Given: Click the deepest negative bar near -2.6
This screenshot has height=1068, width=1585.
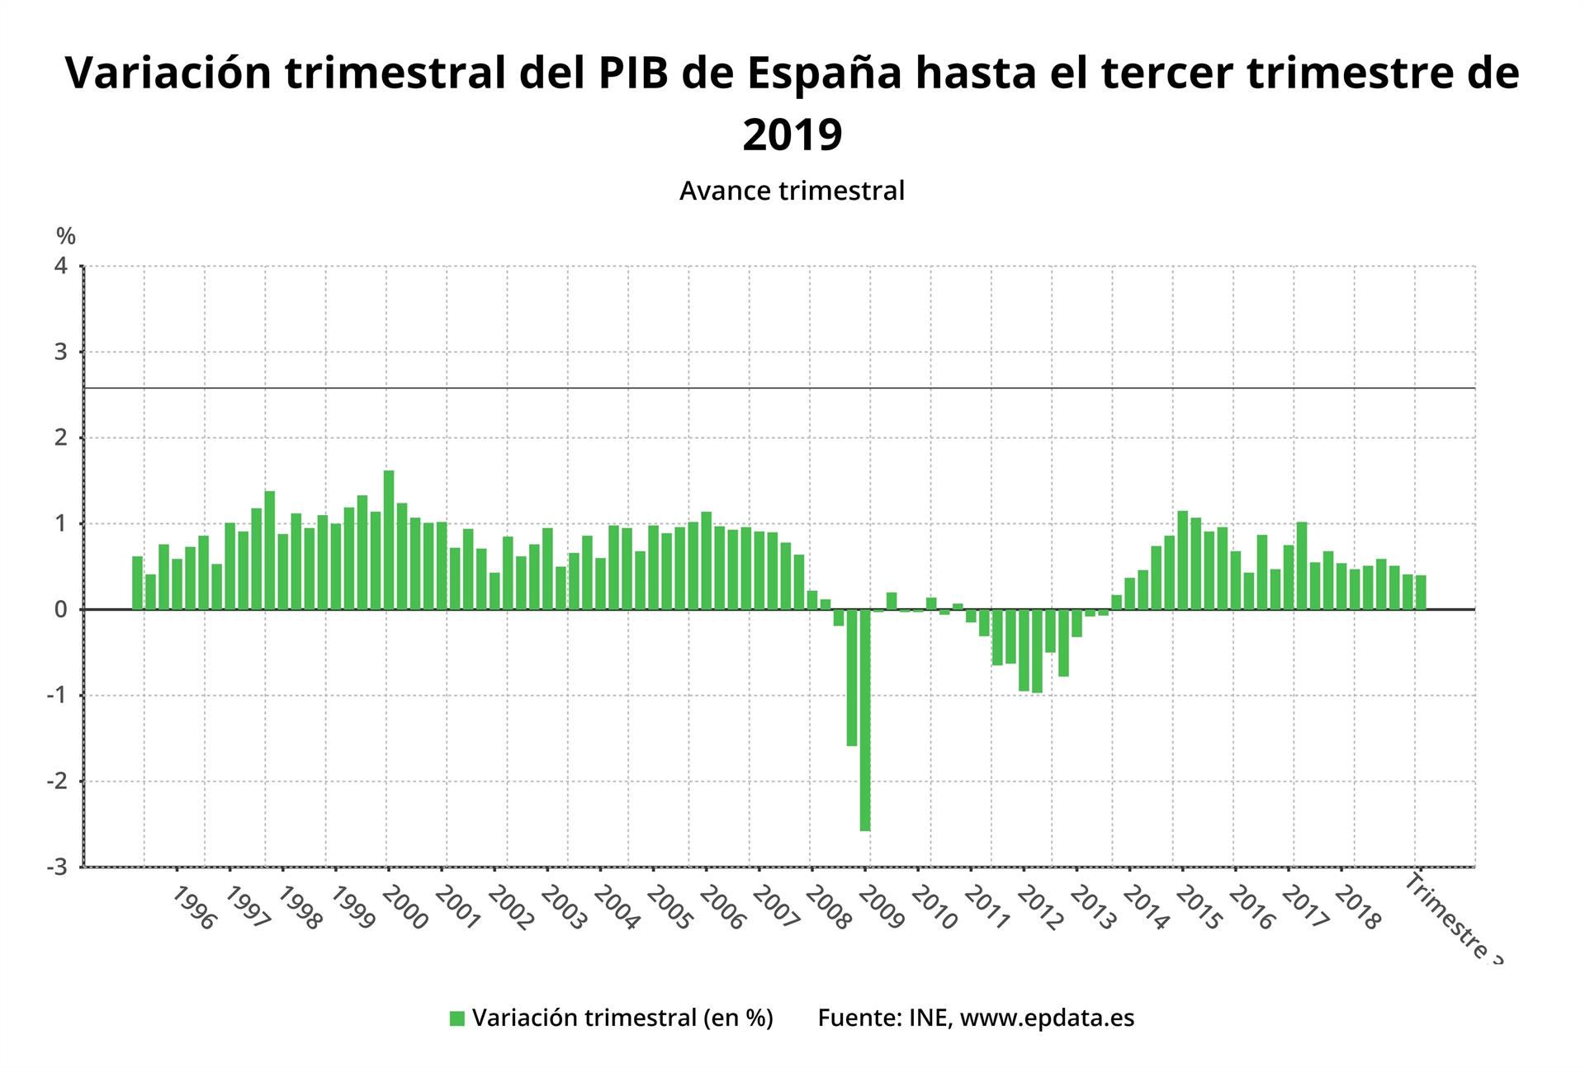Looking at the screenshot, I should coord(865,720).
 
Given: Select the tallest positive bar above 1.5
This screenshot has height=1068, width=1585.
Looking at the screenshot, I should coord(389,540).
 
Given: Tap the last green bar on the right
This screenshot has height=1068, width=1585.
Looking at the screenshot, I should coord(1421,592).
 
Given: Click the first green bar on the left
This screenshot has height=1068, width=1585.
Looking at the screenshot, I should coord(137,583).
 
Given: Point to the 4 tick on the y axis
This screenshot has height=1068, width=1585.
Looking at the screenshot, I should coord(61,266).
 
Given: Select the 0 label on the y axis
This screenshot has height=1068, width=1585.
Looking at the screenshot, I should coord(61,610).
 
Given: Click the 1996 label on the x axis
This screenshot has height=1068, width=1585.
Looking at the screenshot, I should coord(194,909).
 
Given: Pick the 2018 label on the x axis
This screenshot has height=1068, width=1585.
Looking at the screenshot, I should coord(1357,909).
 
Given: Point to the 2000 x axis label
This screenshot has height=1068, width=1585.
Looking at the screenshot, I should coord(405,909).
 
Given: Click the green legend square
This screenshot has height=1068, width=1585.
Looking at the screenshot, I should coord(457,1018).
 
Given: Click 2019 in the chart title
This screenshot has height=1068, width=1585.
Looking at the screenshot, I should coord(792,134).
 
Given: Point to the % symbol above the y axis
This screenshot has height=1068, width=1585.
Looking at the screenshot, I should coord(66,237).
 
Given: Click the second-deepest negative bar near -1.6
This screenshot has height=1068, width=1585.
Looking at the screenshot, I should coord(852,678).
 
